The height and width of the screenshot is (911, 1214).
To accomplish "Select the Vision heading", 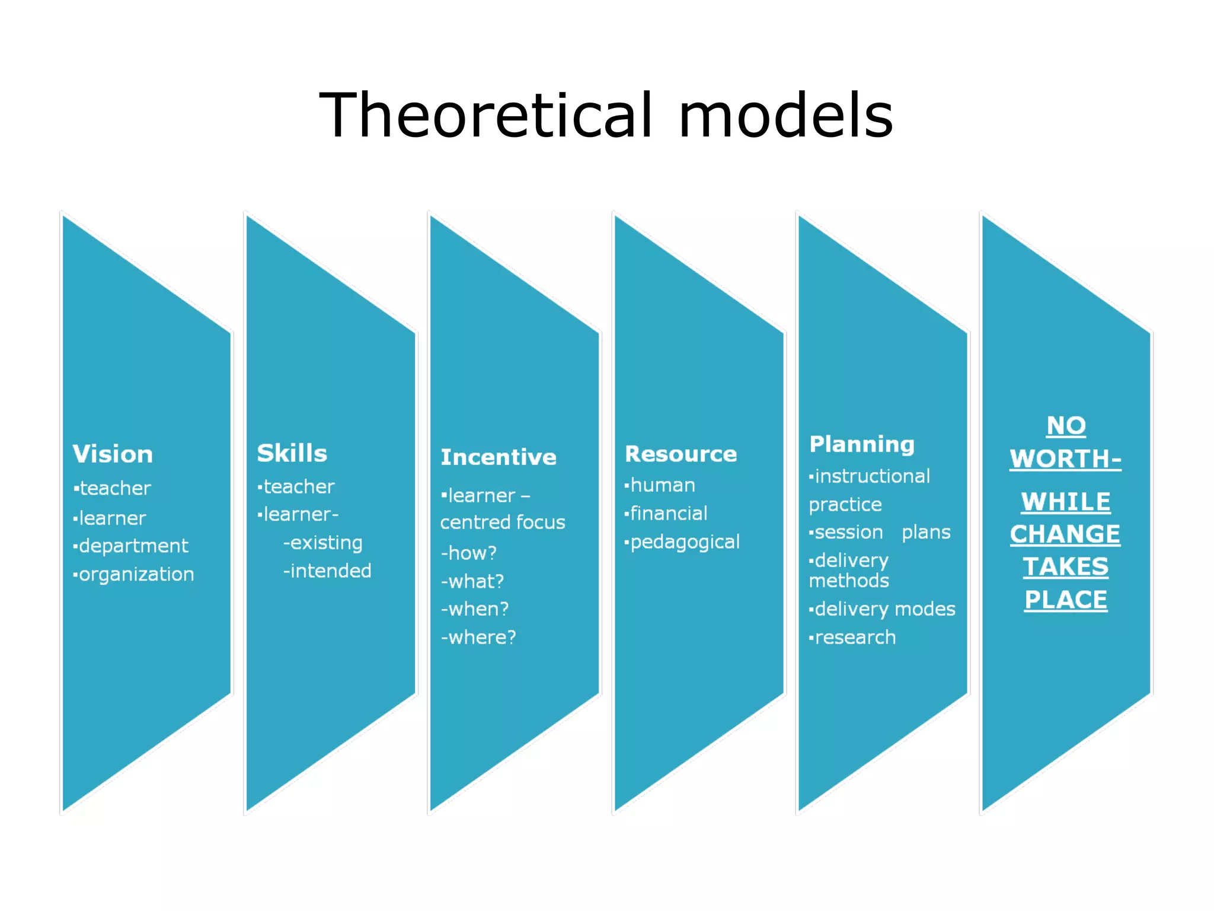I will pos(113,454).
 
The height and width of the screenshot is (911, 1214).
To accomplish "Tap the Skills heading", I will pos(292,454).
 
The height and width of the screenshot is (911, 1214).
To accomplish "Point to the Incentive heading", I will pos(499,457).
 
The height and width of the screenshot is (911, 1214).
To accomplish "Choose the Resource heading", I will pos(681,454).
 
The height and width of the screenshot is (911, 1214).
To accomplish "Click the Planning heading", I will pos(862,444).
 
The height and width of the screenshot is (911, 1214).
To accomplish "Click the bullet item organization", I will pos(136,574).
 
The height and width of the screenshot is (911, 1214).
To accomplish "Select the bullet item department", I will pos(133,546).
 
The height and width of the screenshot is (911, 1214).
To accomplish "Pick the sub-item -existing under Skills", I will pos(323,543).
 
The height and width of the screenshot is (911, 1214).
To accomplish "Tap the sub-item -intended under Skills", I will pos(327,571).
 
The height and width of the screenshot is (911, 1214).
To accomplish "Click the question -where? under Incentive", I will pos(478,638).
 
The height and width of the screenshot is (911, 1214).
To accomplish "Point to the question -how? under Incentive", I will pos(468,553).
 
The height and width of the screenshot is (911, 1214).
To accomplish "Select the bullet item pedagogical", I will pos(685,542).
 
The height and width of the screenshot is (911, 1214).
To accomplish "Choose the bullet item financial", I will pos(668,514).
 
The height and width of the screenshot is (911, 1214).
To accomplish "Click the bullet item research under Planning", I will pos(855,638).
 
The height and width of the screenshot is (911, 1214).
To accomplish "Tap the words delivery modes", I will pos(885,609).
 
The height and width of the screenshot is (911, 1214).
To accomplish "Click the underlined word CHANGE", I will pos(1065,534).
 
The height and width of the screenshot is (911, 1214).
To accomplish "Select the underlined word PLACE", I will pos(1066,600).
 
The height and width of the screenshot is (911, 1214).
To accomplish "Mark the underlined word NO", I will pos(1066,426).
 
